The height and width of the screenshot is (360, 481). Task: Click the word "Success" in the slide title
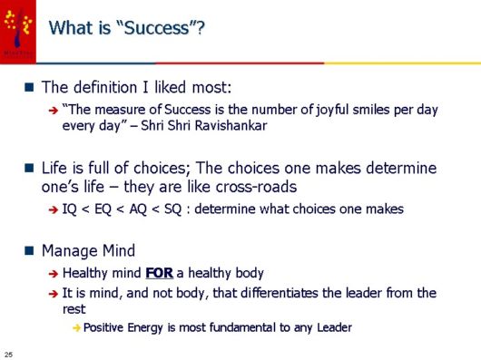click(155, 28)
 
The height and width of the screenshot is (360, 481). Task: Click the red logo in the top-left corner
click(17, 31)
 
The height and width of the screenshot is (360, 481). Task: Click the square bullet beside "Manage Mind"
click(31, 249)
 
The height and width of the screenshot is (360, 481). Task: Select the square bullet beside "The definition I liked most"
click(31, 87)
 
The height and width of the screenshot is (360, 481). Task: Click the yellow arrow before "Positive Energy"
click(76, 326)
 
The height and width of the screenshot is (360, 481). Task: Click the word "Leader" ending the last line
click(331, 326)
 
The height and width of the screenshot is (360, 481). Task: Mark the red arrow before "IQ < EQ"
click(54, 209)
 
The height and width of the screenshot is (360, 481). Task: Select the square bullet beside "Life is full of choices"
click(31, 169)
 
